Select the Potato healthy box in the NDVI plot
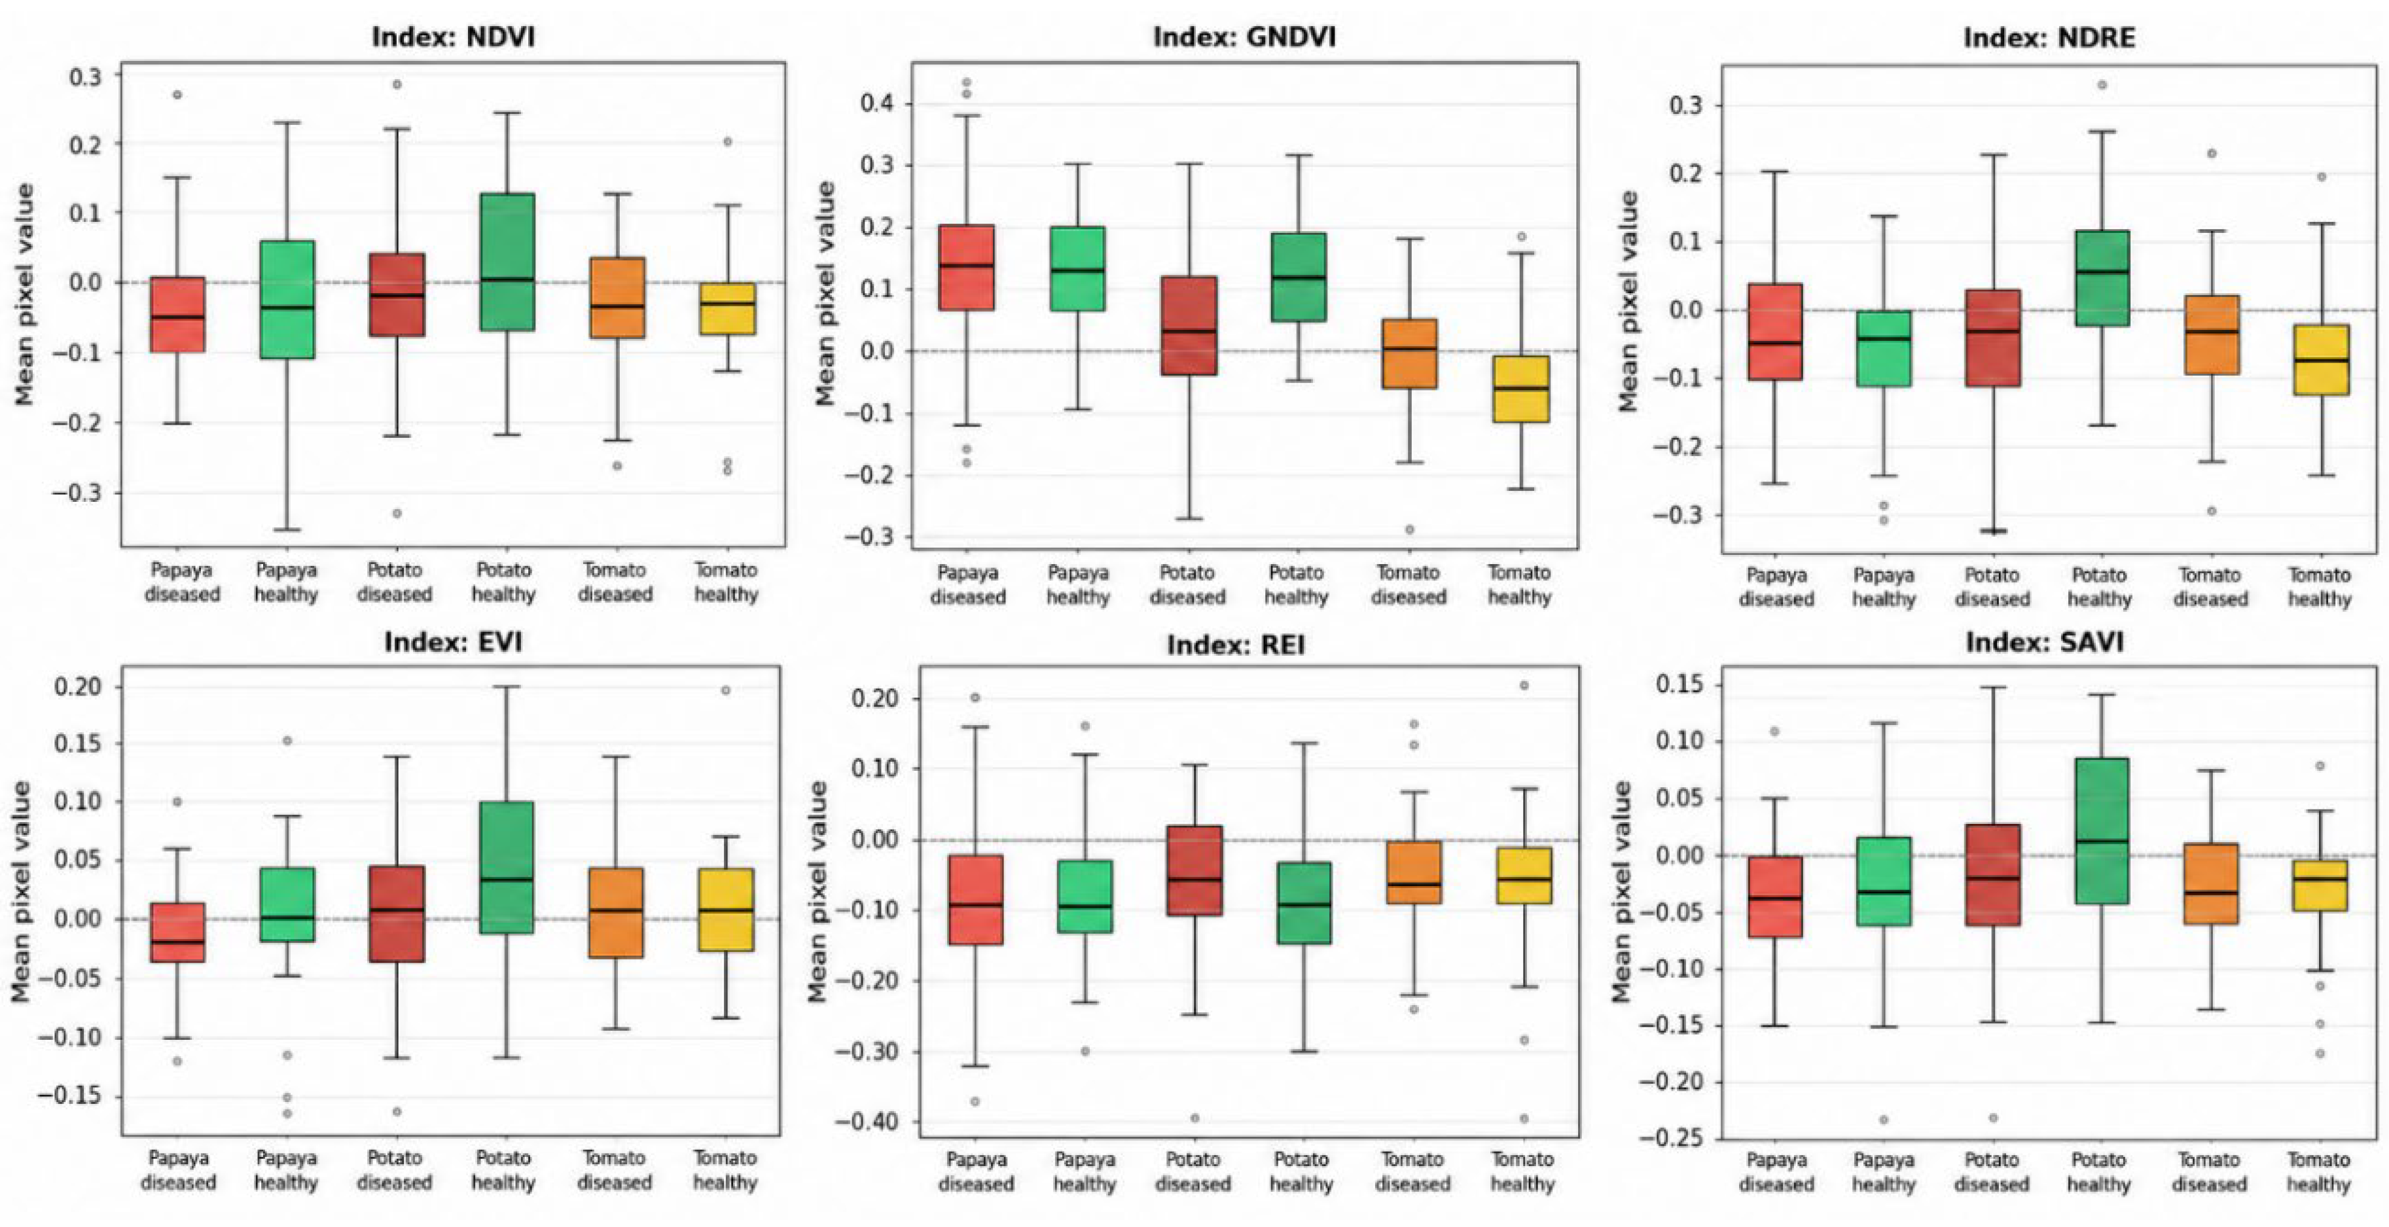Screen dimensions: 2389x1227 point(507,262)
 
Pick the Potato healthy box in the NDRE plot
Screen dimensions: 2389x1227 point(2100,278)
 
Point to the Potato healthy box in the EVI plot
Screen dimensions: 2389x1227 point(507,867)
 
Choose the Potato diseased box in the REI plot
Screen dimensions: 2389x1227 point(1194,870)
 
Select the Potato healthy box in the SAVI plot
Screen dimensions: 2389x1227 point(2100,831)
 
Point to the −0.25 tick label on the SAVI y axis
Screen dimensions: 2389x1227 point(1671,1138)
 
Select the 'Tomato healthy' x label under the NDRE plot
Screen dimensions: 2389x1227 point(2320,587)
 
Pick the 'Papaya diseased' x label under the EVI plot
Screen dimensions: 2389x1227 point(178,1171)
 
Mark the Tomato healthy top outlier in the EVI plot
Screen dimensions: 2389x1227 point(726,690)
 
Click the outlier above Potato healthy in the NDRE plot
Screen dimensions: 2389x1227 point(2102,85)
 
